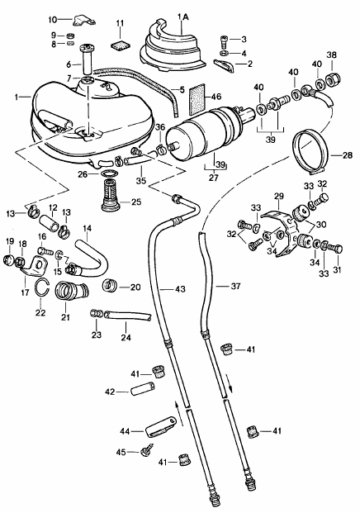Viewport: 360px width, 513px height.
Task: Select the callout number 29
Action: click(279, 197)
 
